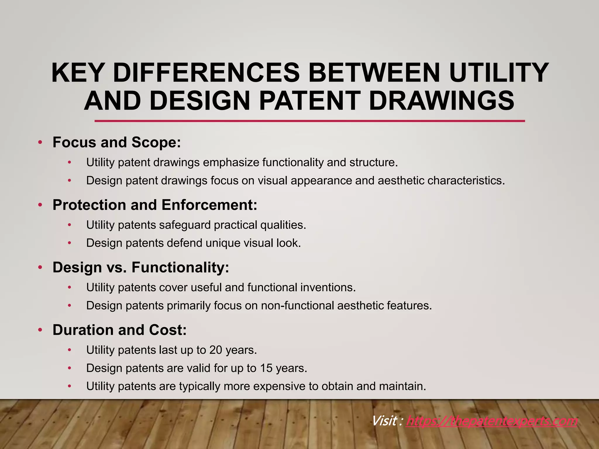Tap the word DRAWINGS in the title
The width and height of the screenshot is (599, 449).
441,101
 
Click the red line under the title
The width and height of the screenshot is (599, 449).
309,121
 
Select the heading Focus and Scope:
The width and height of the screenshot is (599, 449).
117,142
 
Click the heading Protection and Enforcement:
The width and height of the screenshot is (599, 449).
155,205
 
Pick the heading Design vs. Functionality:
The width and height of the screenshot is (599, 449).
141,267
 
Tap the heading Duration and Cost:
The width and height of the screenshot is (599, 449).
119,330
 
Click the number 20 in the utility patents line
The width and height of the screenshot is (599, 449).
216,350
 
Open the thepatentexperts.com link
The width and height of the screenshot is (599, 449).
492,421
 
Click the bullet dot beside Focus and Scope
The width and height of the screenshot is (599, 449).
40,143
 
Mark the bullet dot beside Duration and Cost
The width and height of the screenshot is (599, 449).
40,330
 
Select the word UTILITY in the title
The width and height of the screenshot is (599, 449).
499,73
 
